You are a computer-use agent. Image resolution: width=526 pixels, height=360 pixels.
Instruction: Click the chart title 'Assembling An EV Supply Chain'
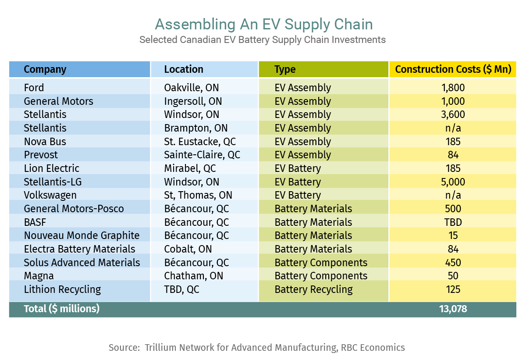click(x=264, y=25)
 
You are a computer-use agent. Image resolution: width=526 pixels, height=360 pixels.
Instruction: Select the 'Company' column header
click(x=45, y=70)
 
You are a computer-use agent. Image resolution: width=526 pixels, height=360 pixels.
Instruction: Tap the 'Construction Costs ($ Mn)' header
click(x=453, y=69)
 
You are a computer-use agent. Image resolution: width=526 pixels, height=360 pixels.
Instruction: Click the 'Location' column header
click(x=184, y=69)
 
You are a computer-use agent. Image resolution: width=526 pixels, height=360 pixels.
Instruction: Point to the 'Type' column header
click(x=285, y=70)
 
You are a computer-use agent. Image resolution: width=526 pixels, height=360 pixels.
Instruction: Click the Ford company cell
click(x=34, y=88)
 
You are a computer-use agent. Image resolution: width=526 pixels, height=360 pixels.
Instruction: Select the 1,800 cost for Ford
click(x=453, y=88)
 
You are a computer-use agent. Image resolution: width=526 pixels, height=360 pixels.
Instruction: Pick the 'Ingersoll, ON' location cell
click(x=193, y=101)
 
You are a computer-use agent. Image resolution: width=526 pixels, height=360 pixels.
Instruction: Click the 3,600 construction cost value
click(x=453, y=114)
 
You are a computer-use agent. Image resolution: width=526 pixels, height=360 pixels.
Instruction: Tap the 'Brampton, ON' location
click(x=196, y=128)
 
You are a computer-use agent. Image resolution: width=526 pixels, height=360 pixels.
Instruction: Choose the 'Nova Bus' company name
click(x=45, y=142)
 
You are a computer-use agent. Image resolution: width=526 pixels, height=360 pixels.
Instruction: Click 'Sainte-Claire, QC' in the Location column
click(x=202, y=155)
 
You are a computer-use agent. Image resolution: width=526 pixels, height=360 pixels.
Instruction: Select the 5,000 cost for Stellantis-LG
click(x=453, y=182)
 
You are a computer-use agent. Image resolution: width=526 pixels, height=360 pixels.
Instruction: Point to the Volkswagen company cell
click(x=50, y=196)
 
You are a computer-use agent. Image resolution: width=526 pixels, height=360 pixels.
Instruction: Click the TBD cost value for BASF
click(x=453, y=222)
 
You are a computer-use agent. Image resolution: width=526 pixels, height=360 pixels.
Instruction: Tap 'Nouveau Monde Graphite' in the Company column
click(x=82, y=235)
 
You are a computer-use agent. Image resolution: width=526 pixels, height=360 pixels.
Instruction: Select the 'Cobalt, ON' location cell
click(x=188, y=249)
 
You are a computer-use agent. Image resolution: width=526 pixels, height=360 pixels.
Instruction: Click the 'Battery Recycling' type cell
click(x=314, y=289)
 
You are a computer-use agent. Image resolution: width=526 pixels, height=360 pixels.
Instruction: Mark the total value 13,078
click(x=453, y=309)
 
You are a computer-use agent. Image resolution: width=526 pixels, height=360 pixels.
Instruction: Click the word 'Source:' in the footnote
click(x=124, y=348)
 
